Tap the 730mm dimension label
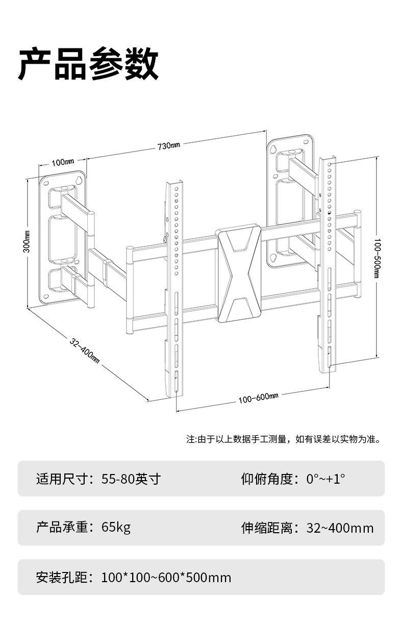[168, 146]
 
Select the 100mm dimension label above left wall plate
[62, 162]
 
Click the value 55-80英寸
[131, 479]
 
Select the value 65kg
[116, 527]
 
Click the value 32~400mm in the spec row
[340, 528]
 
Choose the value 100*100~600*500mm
[166, 578]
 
